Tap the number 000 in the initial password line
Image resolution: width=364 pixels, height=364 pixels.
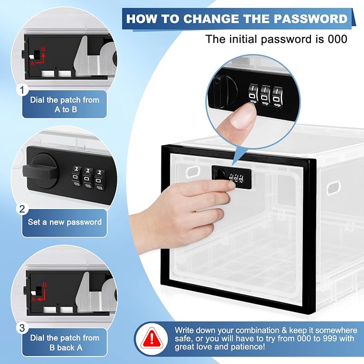[337, 39]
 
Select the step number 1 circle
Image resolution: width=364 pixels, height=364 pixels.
[23, 90]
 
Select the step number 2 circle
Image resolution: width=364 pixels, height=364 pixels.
[23, 209]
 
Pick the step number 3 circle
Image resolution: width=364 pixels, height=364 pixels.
[23, 328]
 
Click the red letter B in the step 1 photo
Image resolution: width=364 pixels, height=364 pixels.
[43, 49]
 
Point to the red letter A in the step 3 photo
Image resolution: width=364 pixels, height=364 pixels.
[33, 299]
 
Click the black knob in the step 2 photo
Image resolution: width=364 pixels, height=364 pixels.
[41, 171]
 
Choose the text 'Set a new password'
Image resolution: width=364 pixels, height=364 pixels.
[65, 222]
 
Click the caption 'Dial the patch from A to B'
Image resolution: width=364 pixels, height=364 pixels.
[65, 105]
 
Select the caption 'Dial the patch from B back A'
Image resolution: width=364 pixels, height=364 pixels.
[65, 343]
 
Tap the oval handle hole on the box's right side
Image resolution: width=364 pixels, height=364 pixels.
[333, 188]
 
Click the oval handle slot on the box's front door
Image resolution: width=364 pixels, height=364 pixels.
[193, 172]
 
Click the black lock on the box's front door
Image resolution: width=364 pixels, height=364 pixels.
[232, 176]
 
